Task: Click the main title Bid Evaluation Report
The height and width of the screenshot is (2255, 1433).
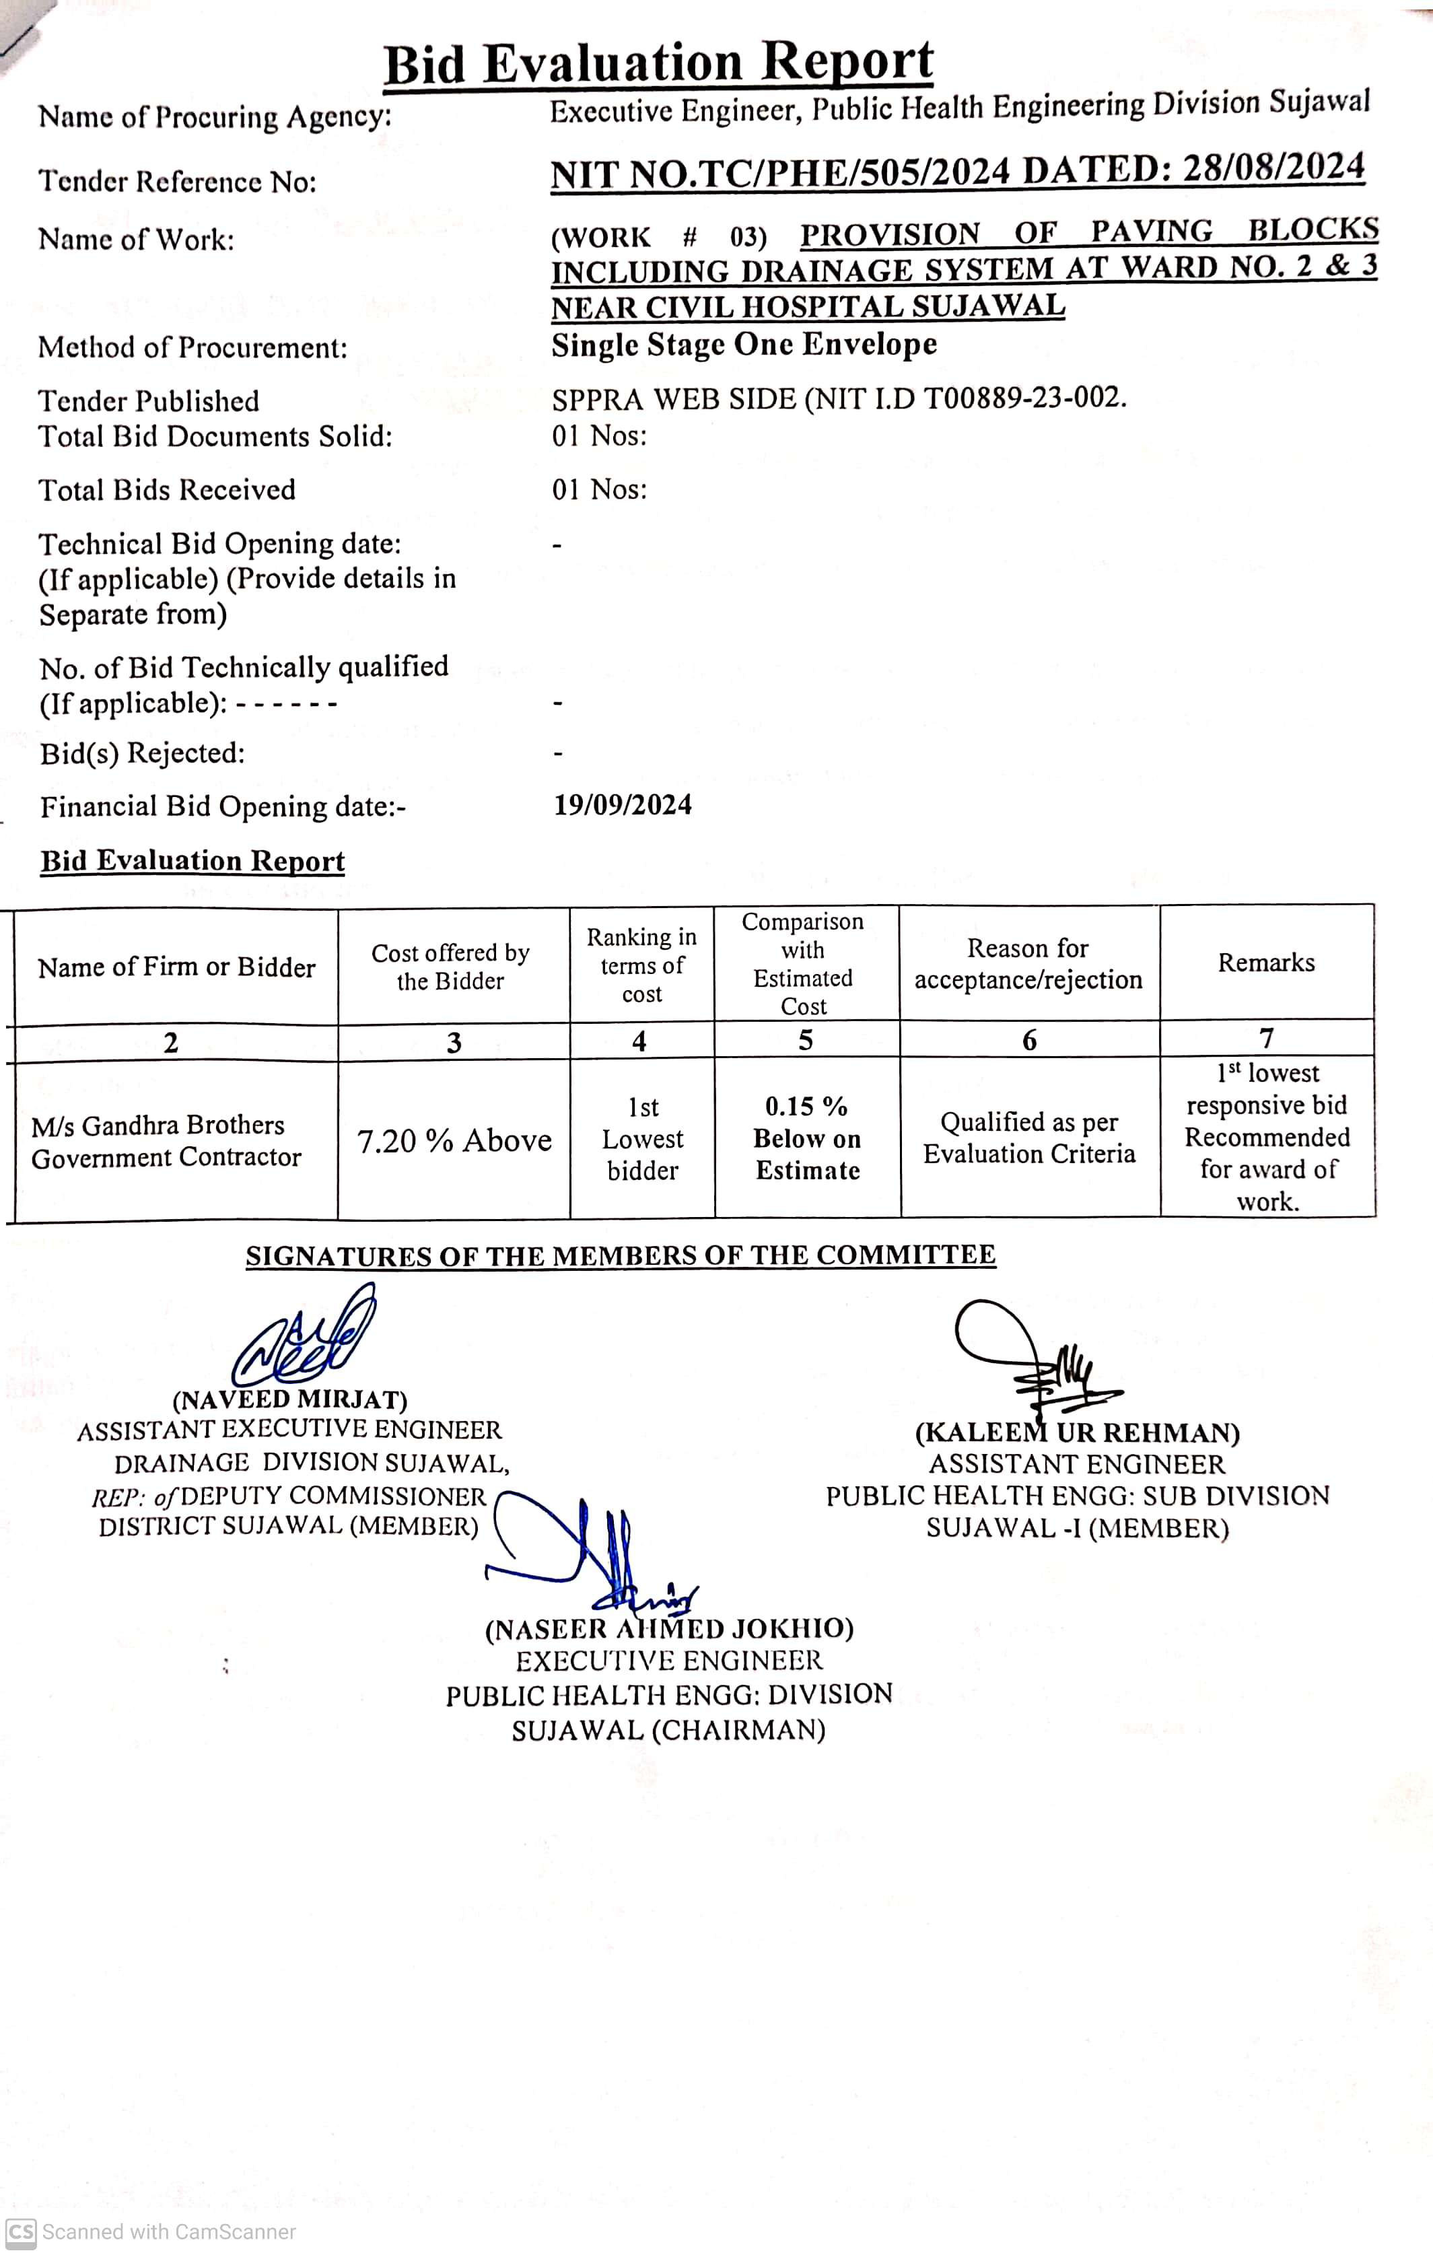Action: (658, 64)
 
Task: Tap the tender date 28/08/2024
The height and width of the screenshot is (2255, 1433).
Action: (1273, 168)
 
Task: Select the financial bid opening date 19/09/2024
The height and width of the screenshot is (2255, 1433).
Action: (623, 804)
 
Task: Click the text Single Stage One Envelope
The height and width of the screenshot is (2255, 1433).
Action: (744, 345)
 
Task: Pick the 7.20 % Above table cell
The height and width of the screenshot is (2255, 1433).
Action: (454, 1140)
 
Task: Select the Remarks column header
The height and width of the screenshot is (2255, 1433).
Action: (1266, 963)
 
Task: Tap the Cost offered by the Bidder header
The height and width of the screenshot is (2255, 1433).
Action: (450, 967)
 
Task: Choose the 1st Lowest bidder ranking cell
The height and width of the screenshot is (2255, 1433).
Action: (643, 1139)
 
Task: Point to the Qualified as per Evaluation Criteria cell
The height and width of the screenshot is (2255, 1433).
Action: (1029, 1138)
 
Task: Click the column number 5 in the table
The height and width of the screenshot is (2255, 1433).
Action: (806, 1041)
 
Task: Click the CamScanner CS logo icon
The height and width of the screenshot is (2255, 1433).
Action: (21, 2231)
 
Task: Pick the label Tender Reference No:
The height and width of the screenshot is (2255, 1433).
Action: (178, 181)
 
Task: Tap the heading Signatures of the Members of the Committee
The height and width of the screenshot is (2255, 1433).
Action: (620, 1255)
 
